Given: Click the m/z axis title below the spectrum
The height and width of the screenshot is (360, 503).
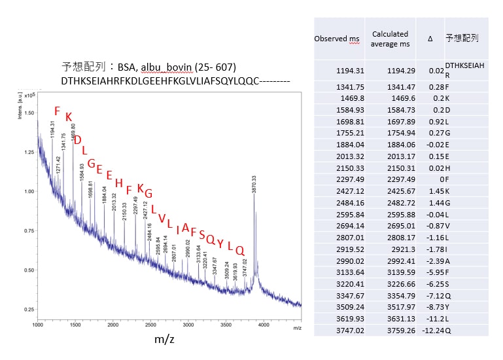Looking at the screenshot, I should (x=164, y=339).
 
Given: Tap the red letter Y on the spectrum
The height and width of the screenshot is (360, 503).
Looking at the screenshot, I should (x=220, y=243).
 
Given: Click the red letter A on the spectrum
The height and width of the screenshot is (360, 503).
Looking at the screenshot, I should (x=186, y=227).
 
